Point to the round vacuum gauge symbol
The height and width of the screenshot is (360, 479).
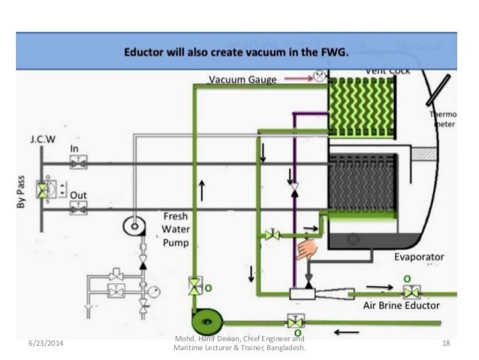(319, 75)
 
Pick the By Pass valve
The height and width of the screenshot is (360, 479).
(44, 189)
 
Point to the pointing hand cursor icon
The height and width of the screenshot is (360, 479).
(307, 249)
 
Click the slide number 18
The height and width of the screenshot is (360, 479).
(445, 343)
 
